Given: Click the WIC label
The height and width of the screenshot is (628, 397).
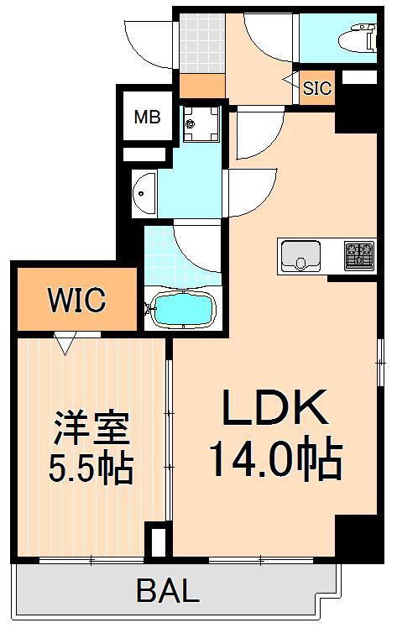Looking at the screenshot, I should pos(76,300).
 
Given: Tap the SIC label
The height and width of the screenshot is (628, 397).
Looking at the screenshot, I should pos(317,87).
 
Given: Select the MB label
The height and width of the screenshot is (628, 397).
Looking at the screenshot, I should pos(148,118).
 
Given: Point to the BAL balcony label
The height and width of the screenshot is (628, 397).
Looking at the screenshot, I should pos(168,591).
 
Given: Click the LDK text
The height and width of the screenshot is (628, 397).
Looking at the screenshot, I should pos(274,411).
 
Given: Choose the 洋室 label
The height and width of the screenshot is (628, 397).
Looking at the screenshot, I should pos(91,429).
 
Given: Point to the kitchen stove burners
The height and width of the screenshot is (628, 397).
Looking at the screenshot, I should pos(359,252).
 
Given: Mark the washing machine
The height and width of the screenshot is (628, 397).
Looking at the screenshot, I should pos(200,125).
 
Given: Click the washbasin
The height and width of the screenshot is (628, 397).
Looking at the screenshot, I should pos(144,193).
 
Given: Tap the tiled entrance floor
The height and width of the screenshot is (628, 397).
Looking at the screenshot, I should pos(201,42).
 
